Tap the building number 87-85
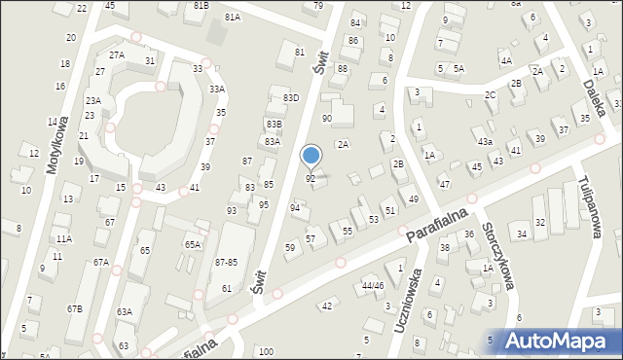(x=226, y=263)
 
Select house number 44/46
(x=373, y=286)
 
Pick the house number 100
(x=266, y=351)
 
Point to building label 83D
(x=290, y=97)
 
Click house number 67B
(x=75, y=308)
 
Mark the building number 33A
(x=217, y=90)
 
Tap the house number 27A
(x=117, y=54)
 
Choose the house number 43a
(x=485, y=142)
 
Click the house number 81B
(x=202, y=5)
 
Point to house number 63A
(x=125, y=311)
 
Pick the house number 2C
(x=491, y=94)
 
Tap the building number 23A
(x=93, y=100)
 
